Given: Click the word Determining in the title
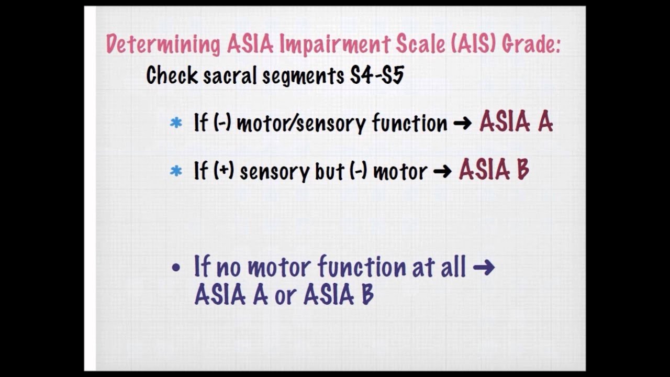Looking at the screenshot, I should coord(163,45).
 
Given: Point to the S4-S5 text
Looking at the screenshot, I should coord(377,76).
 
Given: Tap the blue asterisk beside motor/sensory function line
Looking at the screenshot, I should coord(176,124).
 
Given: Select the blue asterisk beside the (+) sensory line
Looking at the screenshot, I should coord(176,171).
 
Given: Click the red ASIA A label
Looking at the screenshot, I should coord(516,122).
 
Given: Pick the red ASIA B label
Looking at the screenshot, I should coord(494,170).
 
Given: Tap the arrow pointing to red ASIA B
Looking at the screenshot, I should coord(442,172).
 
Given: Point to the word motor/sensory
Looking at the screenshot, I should coord(301,124).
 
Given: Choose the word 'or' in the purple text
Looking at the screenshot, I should coord(285,296).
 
